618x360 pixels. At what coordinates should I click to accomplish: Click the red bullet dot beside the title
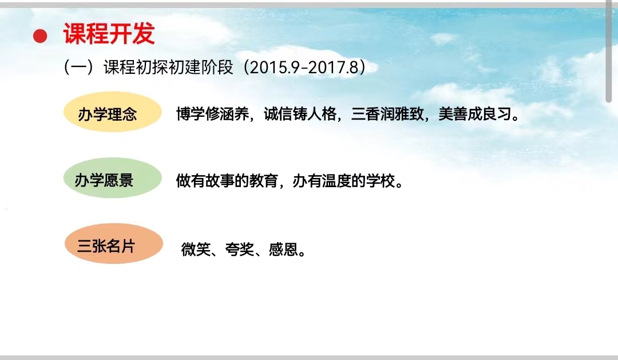click(x=40, y=36)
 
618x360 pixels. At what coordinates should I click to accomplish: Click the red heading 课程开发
click(x=109, y=33)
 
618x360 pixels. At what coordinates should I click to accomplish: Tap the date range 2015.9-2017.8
click(x=304, y=68)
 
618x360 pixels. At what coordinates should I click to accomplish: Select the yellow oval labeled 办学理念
click(x=113, y=112)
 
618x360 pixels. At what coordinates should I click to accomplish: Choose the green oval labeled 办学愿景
click(x=113, y=178)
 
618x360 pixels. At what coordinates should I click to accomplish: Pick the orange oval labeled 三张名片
click(x=114, y=244)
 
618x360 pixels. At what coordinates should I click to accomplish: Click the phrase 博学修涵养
click(x=212, y=114)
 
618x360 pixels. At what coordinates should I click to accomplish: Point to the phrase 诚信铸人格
click(x=300, y=114)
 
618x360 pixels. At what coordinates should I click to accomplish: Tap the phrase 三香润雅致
click(x=387, y=114)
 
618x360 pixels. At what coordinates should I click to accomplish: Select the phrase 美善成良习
click(x=475, y=114)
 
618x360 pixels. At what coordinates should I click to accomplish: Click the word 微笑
click(x=196, y=249)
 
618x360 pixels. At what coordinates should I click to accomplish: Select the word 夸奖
click(x=240, y=249)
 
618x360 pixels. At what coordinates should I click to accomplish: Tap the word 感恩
click(x=283, y=249)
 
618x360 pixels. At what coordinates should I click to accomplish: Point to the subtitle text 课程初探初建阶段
click(x=168, y=68)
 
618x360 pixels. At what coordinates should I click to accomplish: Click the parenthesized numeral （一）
click(x=79, y=68)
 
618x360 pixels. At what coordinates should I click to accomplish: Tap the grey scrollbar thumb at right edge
click(x=609, y=52)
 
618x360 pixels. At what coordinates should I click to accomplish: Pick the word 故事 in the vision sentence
click(x=220, y=181)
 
